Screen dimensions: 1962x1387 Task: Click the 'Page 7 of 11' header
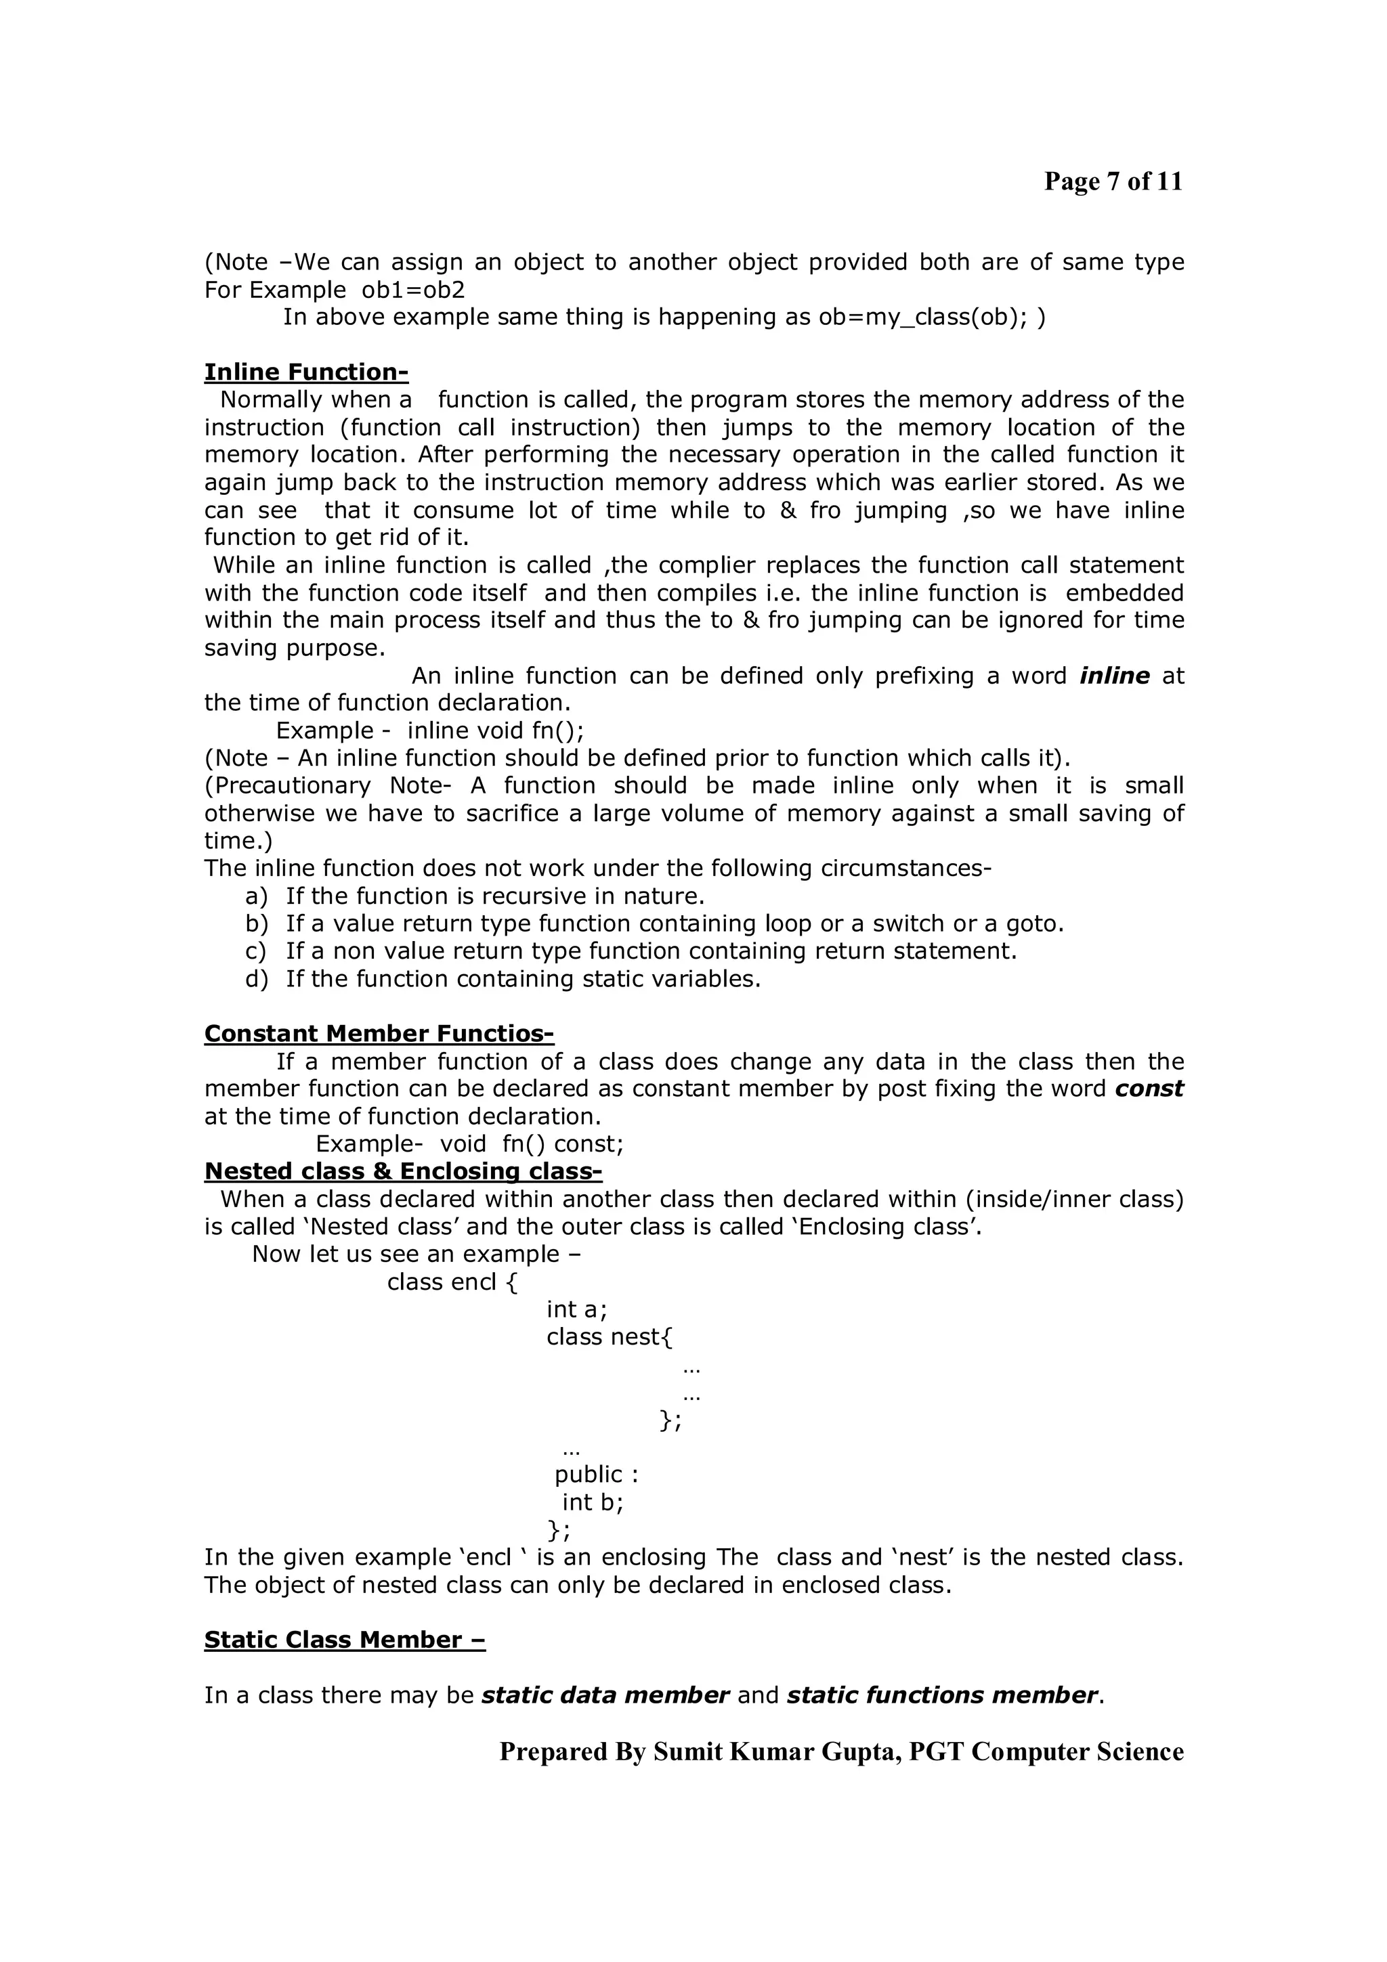coord(1113,181)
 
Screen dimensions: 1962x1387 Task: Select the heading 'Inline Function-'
coord(306,372)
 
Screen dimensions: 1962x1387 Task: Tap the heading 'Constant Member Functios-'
coord(379,1034)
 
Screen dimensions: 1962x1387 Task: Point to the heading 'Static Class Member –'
coord(345,1640)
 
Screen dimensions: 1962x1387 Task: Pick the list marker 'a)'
coord(255,896)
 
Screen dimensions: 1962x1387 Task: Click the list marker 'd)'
coord(255,979)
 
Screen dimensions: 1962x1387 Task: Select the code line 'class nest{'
coord(610,1337)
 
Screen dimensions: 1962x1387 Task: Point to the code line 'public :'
coord(596,1475)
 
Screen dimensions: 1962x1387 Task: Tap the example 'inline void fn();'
coord(496,731)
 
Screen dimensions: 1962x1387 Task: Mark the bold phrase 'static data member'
coord(605,1695)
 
